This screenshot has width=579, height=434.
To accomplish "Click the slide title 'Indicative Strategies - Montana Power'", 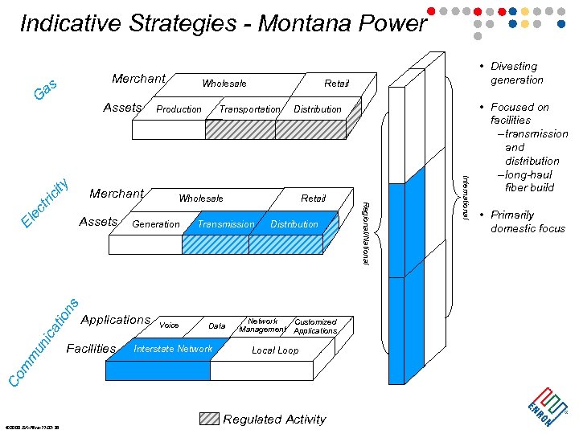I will (223, 23).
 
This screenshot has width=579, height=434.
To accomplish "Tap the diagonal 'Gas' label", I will (45, 90).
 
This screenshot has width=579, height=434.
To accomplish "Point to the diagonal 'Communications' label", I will (45, 342).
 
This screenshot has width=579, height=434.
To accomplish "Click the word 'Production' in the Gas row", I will (179, 109).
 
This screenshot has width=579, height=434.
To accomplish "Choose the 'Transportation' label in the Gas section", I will (249, 109).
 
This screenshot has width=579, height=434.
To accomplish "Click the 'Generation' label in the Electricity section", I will (156, 224).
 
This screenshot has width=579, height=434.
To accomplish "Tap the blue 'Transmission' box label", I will (226, 224).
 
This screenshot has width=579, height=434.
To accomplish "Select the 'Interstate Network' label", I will (173, 349).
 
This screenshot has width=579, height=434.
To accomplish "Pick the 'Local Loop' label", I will (275, 350).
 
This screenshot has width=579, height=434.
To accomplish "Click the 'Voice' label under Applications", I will (169, 325).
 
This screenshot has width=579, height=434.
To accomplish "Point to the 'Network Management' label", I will (262, 325).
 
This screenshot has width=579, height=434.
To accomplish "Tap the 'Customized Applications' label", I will (315, 326).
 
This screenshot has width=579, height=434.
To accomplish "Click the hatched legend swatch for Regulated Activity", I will (209, 419).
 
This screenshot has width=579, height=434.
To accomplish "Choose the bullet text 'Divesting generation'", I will (516, 73).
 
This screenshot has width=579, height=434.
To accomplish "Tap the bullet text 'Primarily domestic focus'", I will (528, 222).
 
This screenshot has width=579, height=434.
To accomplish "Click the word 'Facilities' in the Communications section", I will (91, 348).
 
